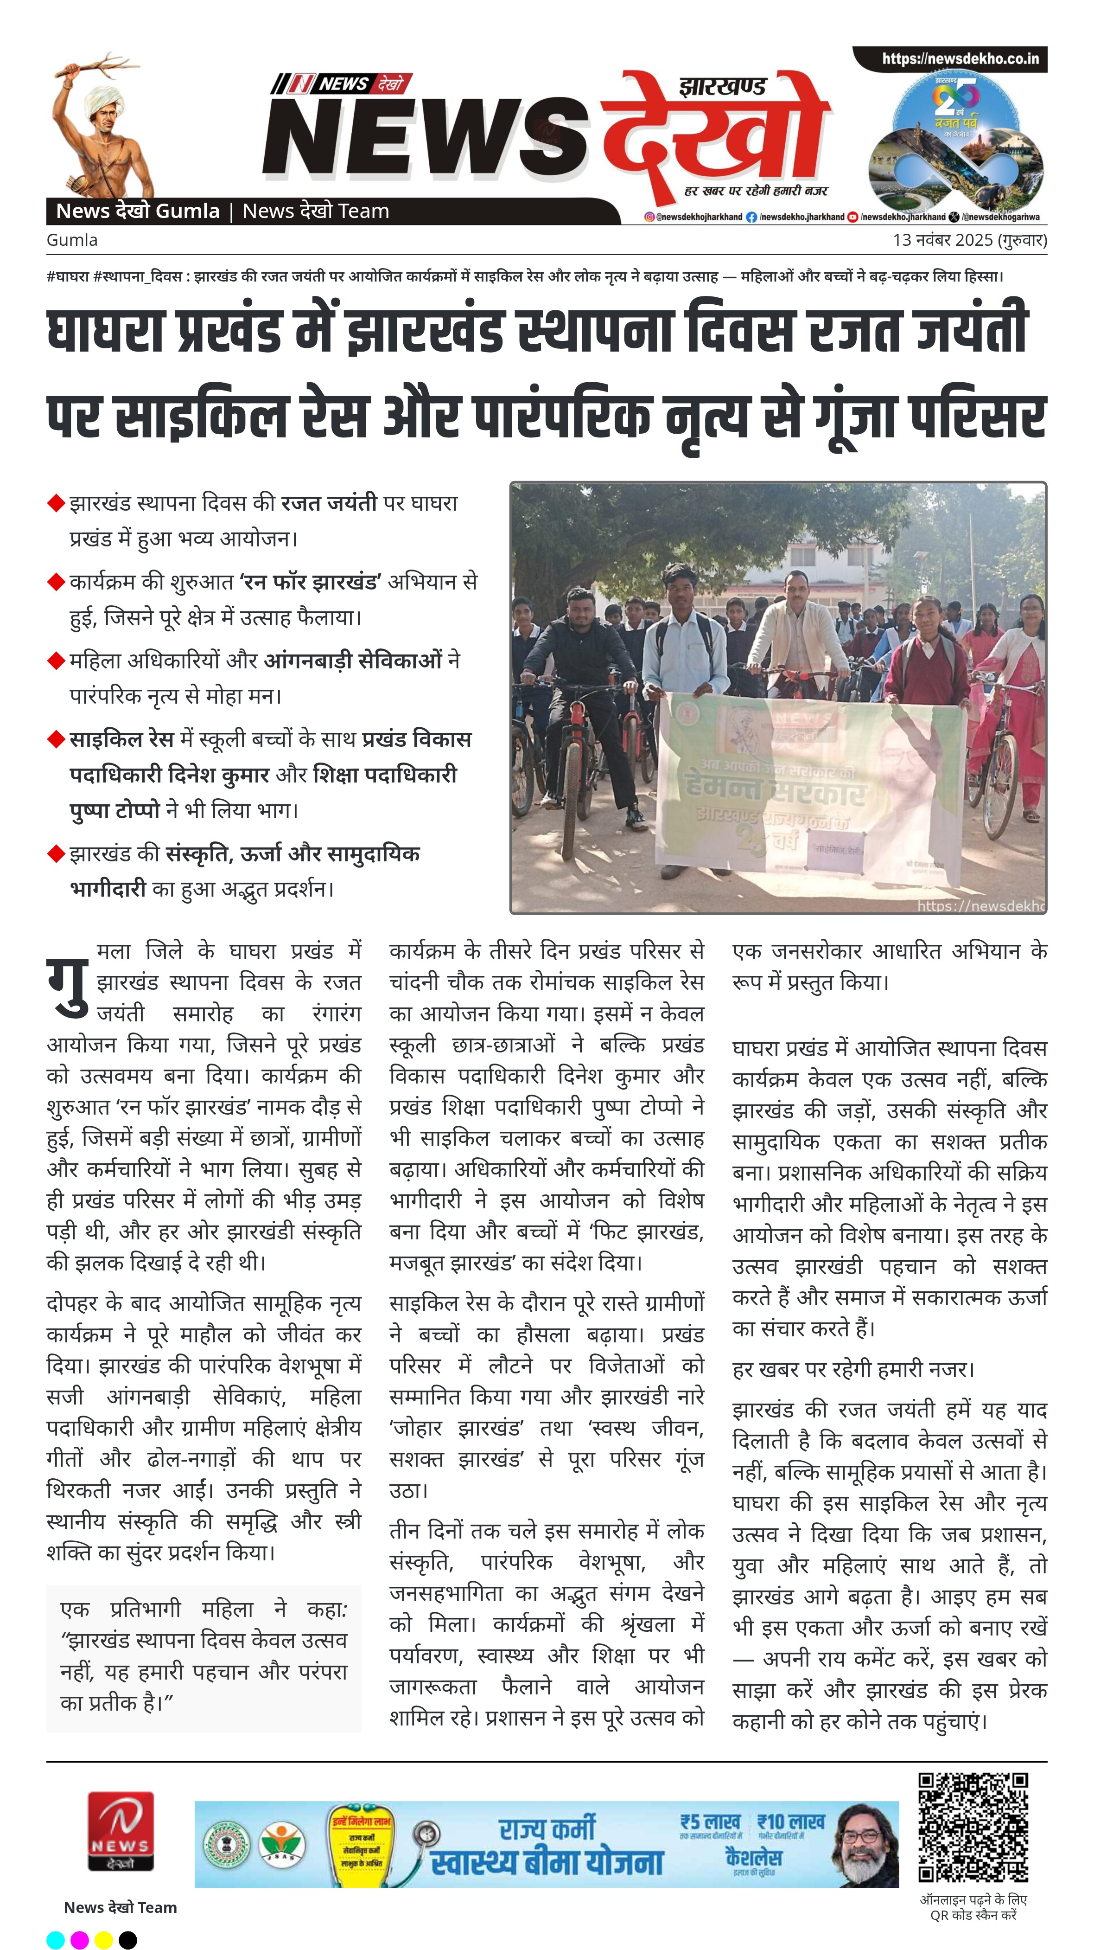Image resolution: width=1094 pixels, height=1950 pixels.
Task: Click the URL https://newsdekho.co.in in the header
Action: (959, 59)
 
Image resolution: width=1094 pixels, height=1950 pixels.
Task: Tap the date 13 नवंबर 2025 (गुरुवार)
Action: (969, 240)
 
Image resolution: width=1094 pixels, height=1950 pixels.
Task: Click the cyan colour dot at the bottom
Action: (55, 1939)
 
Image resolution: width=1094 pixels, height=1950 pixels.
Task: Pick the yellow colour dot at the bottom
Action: (104, 1939)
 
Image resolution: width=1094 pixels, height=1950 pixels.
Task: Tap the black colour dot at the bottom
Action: (128, 1939)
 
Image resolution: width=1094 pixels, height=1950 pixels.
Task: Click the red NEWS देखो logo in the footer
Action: (121, 1831)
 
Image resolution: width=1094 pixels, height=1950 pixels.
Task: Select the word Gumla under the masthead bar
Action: (72, 240)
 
